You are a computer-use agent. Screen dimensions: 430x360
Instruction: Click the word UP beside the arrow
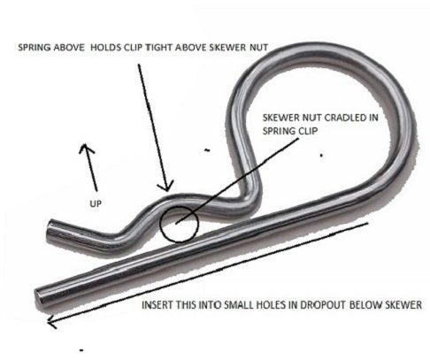96,203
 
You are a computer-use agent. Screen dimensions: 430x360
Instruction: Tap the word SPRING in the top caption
35,48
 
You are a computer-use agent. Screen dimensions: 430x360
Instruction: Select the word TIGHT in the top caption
159,48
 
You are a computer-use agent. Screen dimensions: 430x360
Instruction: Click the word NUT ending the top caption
258,48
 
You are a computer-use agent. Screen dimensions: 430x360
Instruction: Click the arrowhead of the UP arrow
85,145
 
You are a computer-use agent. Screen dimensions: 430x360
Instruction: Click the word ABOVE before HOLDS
70,48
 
